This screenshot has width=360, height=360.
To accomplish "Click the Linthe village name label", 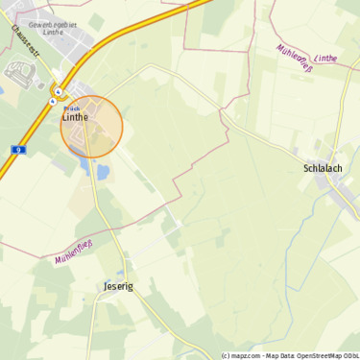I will (x=74, y=117).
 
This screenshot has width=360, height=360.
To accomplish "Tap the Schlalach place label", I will (x=323, y=168).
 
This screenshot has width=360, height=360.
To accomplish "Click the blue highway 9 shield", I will (x=17, y=150).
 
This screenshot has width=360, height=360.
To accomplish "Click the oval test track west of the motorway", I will (x=19, y=70).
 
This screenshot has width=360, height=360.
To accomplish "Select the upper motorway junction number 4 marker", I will (x=59, y=92).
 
